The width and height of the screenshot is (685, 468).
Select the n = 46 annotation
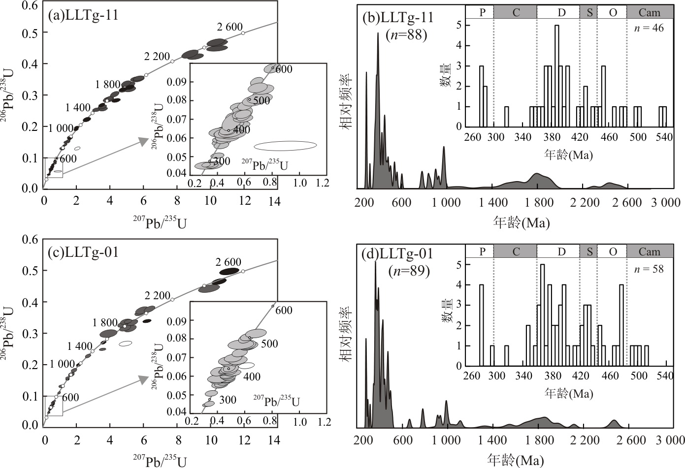[649, 28]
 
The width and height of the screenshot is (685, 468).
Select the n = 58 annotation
[649, 269]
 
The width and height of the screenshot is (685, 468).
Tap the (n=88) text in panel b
[406, 34]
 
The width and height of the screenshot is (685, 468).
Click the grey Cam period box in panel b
[650, 12]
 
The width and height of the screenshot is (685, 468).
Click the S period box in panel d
[588, 251]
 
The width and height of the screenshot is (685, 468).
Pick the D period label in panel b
[561, 12]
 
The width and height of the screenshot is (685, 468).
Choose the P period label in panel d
[482, 251]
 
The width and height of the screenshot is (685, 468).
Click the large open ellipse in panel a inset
[285, 146]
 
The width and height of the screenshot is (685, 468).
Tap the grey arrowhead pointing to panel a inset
[143, 142]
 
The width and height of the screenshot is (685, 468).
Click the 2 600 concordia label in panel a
[230, 28]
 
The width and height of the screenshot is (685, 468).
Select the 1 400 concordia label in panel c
[80, 346]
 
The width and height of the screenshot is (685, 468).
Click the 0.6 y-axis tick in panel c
[31, 240]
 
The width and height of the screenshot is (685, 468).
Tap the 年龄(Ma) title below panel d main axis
[516, 460]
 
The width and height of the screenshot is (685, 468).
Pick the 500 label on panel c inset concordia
[269, 343]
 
